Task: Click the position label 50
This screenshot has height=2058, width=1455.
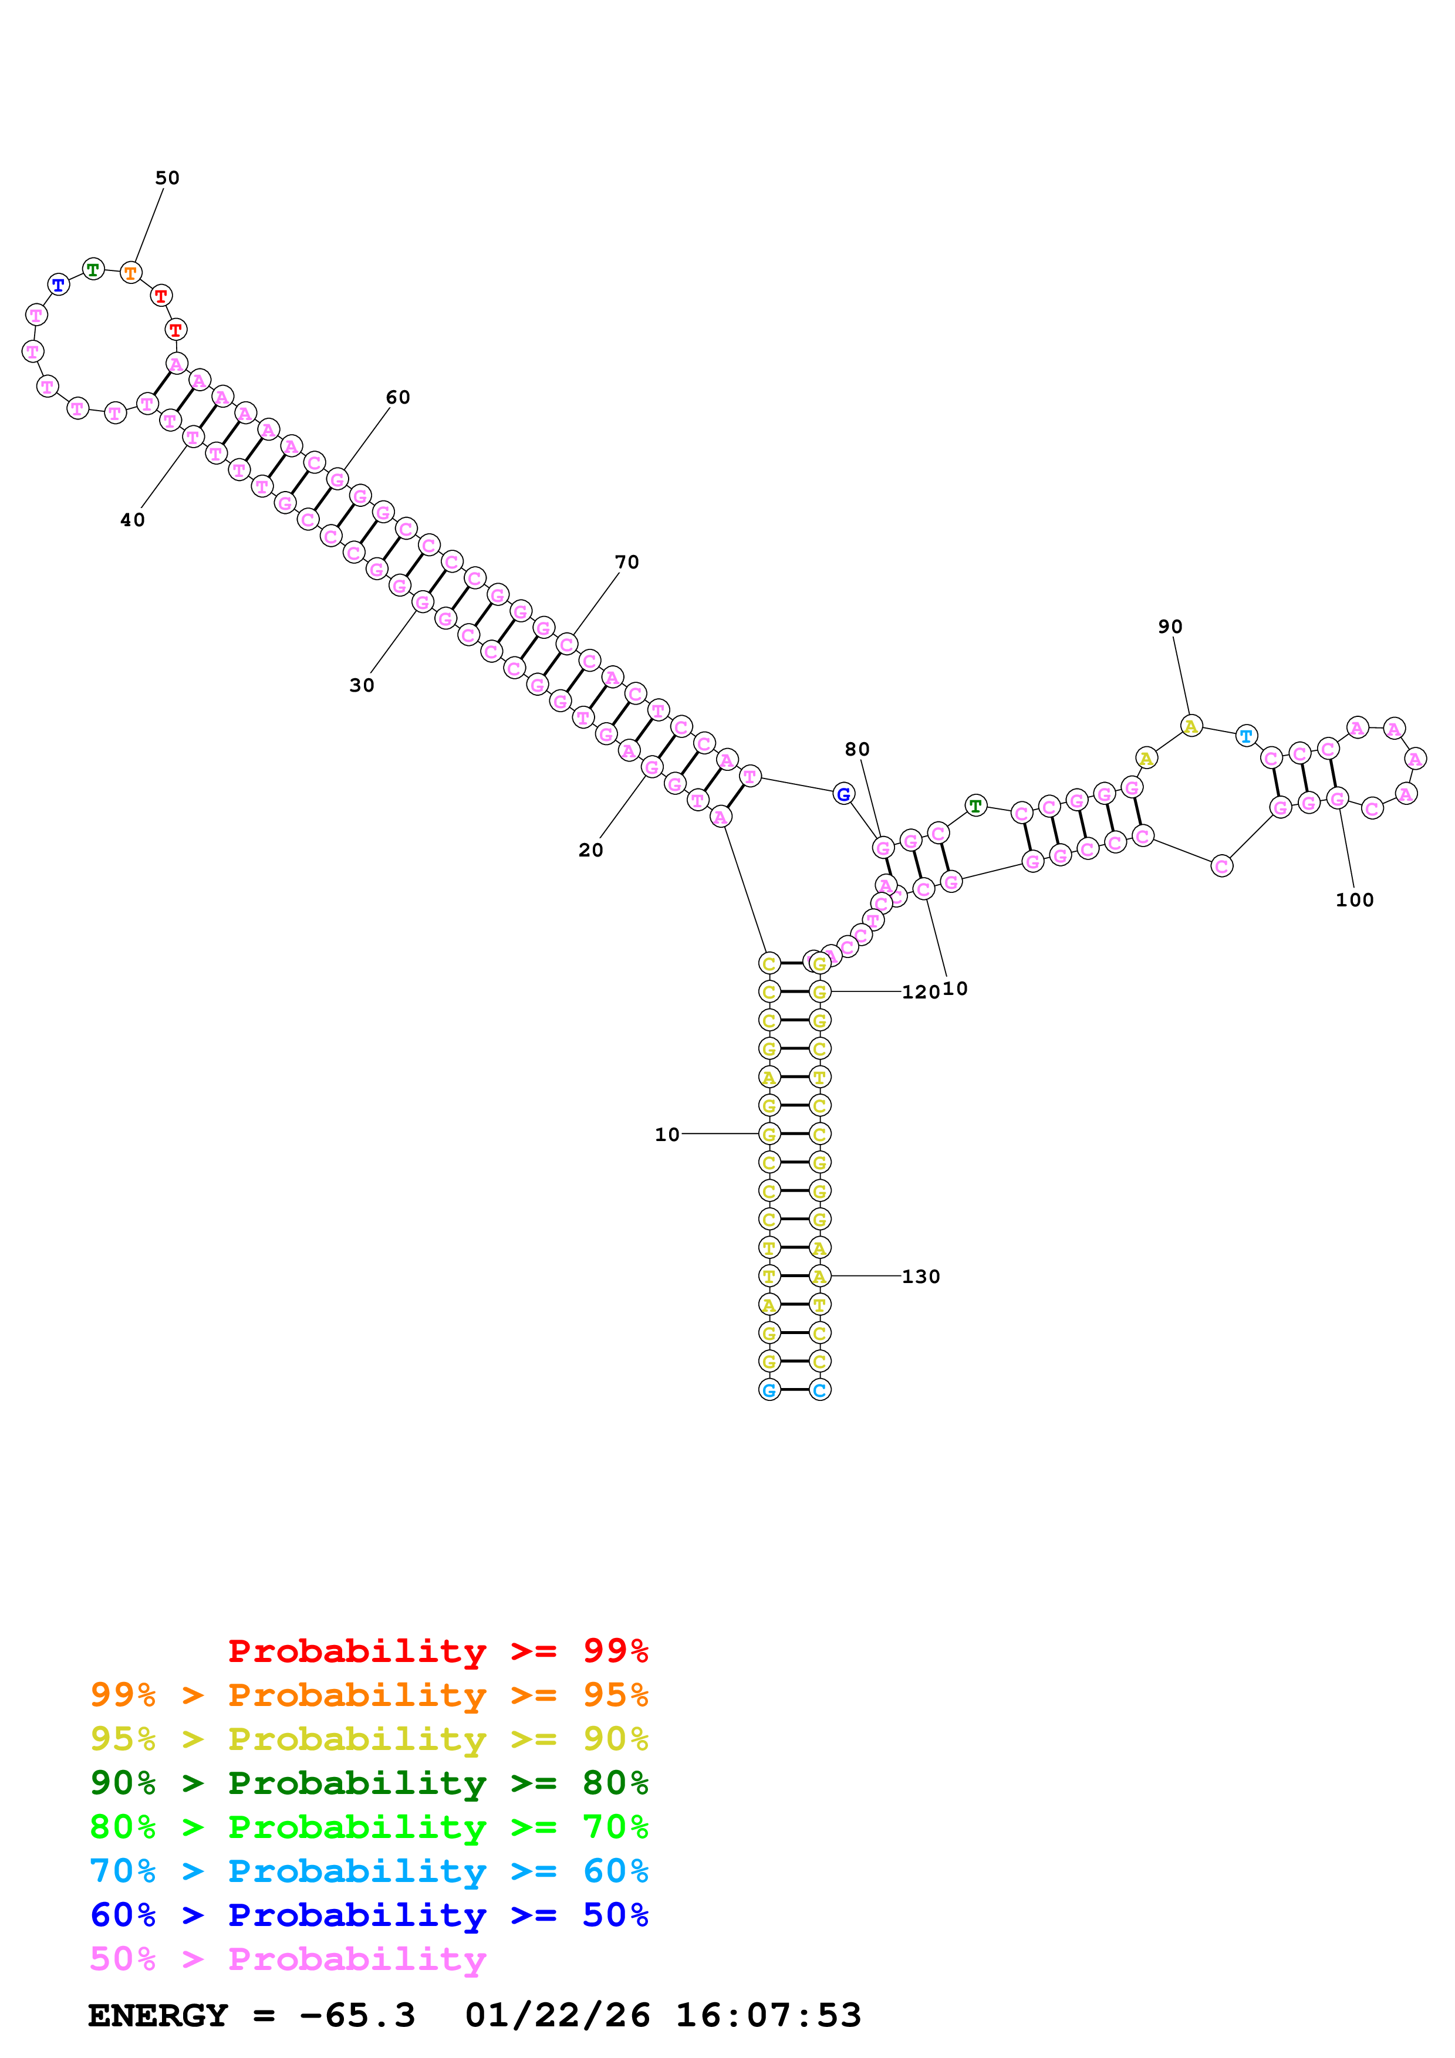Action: click(x=168, y=178)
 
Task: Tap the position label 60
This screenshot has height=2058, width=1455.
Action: click(x=398, y=397)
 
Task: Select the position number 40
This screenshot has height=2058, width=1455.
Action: click(x=133, y=520)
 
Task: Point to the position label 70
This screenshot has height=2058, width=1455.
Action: click(x=627, y=562)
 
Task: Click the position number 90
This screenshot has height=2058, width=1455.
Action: click(x=1170, y=627)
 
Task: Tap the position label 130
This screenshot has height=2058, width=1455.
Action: click(x=921, y=1277)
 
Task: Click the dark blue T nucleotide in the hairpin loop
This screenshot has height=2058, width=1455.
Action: click(x=58, y=285)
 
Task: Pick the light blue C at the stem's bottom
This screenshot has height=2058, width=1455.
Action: click(x=819, y=1390)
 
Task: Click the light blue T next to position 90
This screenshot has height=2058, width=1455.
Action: click(x=1246, y=736)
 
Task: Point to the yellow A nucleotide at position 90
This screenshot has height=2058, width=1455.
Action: click(x=1190, y=726)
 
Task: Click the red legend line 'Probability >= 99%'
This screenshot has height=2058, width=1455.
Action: click(x=437, y=1651)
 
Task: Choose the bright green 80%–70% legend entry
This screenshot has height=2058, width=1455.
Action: click(x=369, y=1827)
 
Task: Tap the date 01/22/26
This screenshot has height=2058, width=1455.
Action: click(x=558, y=2015)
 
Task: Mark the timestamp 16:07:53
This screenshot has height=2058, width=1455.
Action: click(x=768, y=2015)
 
